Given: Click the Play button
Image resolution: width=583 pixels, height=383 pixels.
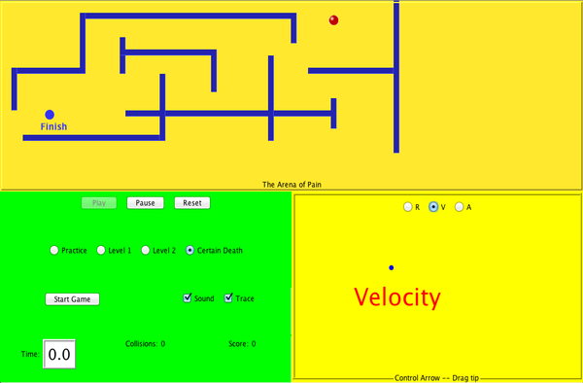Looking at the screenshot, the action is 99,203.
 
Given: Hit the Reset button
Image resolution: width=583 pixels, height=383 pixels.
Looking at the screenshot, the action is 192,203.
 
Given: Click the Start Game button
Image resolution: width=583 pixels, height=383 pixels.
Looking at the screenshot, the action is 73,299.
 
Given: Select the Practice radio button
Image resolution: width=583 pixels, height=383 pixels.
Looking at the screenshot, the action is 54,251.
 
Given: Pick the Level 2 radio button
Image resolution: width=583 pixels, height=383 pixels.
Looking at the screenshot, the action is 146,251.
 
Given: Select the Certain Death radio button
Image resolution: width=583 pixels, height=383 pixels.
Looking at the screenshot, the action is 190,251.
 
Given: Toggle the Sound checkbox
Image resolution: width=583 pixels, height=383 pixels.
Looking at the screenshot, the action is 188,298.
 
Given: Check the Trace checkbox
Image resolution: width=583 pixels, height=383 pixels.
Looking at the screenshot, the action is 229,298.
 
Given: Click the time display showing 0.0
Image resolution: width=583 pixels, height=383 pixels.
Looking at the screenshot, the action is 59,355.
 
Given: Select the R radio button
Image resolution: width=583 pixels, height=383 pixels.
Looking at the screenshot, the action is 407,207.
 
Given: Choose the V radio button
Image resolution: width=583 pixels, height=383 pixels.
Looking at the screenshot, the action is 433,207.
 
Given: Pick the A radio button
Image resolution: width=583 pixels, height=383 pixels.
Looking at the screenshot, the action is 460,207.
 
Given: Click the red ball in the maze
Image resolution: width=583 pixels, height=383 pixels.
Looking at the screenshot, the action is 334,19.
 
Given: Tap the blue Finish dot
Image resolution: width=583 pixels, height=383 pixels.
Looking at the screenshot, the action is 50,115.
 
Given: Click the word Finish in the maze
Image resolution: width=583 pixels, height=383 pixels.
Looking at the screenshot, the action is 54,126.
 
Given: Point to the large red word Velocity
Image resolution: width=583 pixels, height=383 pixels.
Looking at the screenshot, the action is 396,297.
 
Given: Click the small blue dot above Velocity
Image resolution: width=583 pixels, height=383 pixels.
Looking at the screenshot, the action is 391,267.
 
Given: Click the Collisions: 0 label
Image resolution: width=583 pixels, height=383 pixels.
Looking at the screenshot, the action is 146,343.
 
